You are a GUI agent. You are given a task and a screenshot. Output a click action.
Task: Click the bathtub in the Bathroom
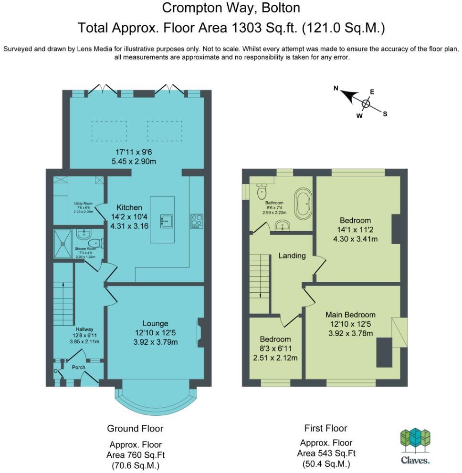pos(303,204)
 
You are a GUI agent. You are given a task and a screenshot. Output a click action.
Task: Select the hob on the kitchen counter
pos(196,221)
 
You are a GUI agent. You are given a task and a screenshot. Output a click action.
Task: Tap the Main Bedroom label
pos(350,315)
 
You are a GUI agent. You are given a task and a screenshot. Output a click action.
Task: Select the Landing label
pos(292,256)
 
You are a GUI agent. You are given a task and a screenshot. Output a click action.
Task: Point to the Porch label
pos(78,368)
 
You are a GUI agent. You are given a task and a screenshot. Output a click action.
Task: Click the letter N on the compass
pos(336,88)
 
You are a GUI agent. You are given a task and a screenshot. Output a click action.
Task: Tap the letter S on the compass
pos(385,113)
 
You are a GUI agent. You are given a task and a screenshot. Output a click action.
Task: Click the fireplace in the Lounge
pos(200,332)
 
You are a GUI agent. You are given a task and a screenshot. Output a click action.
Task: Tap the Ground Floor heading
pos(135,428)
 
